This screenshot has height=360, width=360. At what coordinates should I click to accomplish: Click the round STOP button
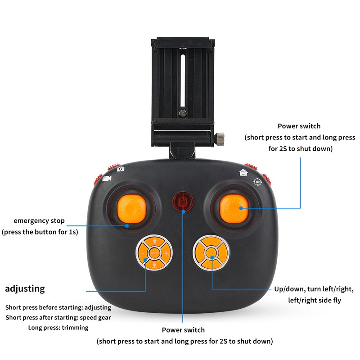[155, 253]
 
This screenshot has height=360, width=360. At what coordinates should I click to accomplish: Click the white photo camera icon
[121, 169]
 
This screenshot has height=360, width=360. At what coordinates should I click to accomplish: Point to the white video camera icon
[107, 179]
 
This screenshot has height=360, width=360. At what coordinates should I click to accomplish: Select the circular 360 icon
[257, 182]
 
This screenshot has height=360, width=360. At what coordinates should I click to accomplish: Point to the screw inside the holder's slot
[183, 113]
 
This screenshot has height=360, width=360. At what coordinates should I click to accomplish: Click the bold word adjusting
[25, 288]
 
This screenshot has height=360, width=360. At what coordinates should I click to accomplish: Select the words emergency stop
[39, 221]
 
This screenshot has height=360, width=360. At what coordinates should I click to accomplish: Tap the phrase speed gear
[95, 317]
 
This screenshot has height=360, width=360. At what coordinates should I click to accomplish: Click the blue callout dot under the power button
[183, 210]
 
